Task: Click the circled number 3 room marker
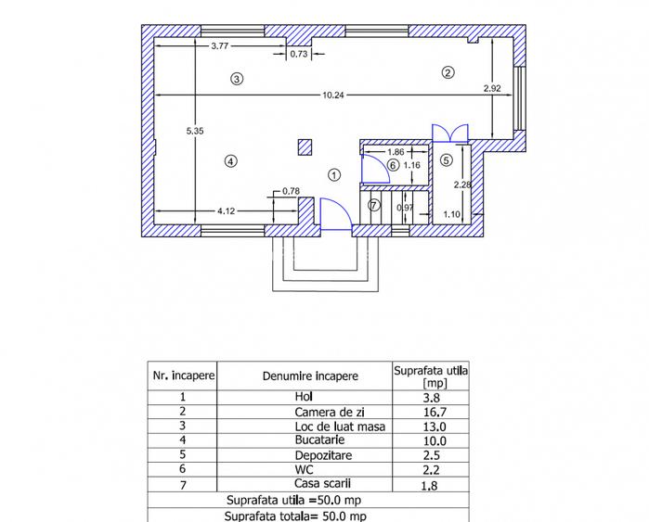point(238,80)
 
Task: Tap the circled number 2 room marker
point(448,72)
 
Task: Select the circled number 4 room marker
point(230,161)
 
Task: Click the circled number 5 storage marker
point(446,159)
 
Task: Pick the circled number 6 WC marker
point(392,165)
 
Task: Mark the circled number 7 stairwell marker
point(374,205)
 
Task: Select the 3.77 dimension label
point(220,45)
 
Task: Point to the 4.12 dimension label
point(226,211)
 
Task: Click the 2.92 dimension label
point(492,89)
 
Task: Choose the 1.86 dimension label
point(395,151)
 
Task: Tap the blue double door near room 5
point(442,133)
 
